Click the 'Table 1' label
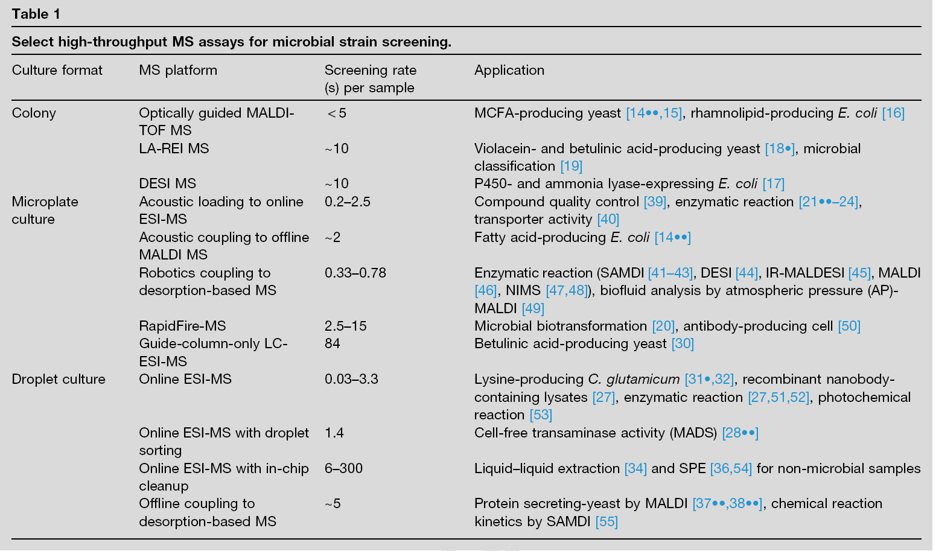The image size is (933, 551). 36,14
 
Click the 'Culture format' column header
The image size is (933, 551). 57,70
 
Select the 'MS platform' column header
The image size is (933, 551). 178,70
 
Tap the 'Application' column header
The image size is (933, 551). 509,70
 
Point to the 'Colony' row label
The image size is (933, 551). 34,113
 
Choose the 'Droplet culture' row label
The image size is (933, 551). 59,379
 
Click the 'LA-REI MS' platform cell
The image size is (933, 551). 174,148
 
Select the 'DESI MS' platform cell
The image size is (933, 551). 167,183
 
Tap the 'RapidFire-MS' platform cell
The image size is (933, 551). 182,326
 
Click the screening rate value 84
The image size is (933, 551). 333,343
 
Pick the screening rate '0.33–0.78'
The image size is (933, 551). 355,273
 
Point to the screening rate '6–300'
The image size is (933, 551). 343,468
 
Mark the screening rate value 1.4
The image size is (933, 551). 334,433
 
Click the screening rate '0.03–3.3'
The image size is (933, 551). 351,379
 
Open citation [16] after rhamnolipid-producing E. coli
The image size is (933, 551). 893,113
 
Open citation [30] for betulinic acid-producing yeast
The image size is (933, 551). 683,343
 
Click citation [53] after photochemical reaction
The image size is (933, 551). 541,415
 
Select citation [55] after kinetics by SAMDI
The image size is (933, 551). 607,521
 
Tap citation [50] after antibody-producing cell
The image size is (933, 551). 849,326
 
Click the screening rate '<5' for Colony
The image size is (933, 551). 336,113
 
